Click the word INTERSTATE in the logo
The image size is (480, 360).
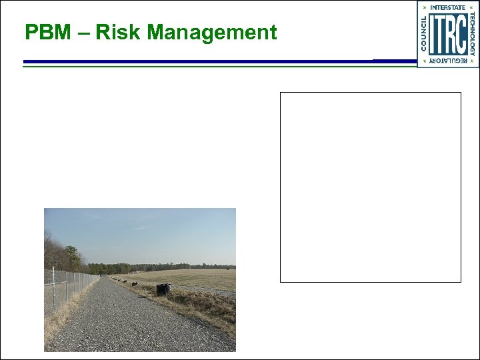pyautogui.click(x=448, y=7)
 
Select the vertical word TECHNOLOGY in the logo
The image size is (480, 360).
pyautogui.click(x=472, y=35)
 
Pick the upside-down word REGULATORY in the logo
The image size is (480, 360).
pyautogui.click(x=448, y=61)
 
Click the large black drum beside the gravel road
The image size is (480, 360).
pyautogui.click(x=163, y=289)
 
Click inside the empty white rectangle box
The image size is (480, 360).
pyautogui.click(x=370, y=187)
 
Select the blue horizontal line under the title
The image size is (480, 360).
pyautogui.click(x=200, y=61)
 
